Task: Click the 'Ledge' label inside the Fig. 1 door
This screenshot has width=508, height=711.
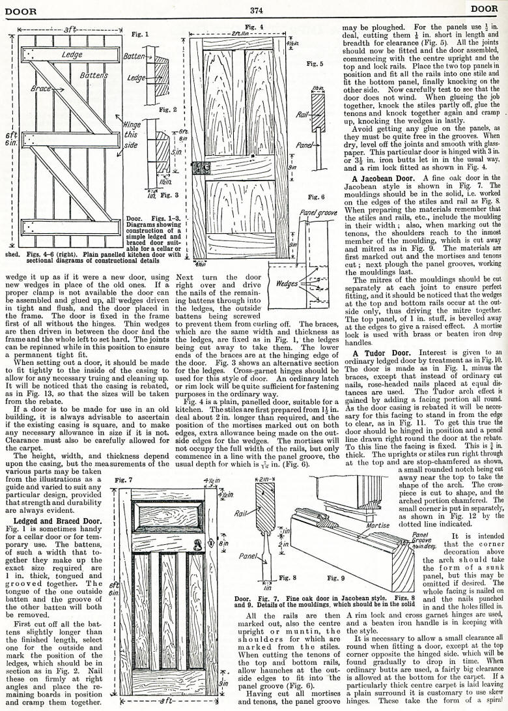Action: [x=72, y=54]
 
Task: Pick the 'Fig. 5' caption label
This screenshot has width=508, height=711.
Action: [x=315, y=65]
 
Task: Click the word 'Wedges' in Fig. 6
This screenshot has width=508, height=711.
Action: [x=287, y=284]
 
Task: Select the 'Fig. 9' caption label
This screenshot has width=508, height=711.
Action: [x=333, y=577]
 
